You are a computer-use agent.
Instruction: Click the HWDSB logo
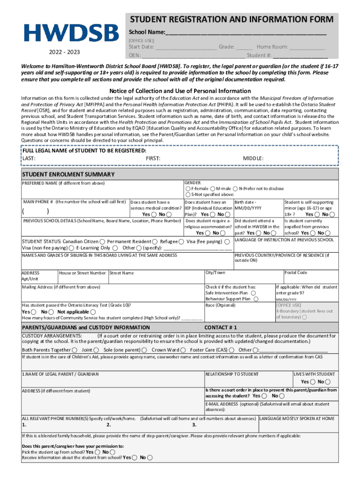pos(72,33)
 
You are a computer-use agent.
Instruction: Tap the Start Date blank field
pos(186,47)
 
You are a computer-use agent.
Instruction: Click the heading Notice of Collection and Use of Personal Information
pos(180,91)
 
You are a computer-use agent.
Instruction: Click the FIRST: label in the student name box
pos(153,159)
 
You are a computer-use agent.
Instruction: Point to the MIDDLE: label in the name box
pos(253,159)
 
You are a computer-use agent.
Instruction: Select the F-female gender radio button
pos(188,189)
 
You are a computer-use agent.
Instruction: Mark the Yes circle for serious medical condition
pos(154,214)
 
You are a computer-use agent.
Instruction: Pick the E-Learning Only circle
pos(115,248)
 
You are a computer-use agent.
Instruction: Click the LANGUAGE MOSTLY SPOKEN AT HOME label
pos(297,419)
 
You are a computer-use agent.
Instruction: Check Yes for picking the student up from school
pos(97,452)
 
